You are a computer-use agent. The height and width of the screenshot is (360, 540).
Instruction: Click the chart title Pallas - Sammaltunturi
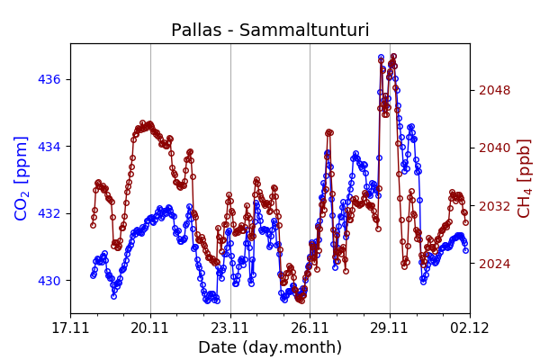point(270,31)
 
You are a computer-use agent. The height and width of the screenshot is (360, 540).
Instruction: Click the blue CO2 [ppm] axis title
point(22,178)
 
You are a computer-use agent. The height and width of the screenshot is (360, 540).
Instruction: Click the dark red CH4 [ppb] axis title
point(525,178)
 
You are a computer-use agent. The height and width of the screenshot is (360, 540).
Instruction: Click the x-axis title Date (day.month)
point(270,347)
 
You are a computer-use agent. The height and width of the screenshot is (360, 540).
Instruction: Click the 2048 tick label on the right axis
point(495,90)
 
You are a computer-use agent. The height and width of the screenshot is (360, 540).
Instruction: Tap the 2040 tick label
point(495,148)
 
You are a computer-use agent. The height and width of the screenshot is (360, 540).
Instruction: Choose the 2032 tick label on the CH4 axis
point(495,206)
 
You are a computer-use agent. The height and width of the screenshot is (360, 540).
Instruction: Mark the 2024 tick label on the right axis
point(495,264)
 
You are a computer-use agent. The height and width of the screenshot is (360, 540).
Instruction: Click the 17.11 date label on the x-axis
point(70,328)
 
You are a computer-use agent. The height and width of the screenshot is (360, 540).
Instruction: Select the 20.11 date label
point(150,328)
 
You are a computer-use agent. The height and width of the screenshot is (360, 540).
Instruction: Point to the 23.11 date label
point(230,328)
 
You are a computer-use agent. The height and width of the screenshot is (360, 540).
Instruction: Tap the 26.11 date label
point(310,328)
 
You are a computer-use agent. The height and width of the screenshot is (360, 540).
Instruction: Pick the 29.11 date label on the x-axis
point(390,328)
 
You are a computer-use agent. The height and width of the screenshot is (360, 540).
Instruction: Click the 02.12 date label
point(470,328)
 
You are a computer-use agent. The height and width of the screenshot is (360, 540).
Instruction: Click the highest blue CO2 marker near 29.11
point(381,58)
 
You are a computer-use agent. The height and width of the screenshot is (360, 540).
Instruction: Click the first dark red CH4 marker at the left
point(93,225)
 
